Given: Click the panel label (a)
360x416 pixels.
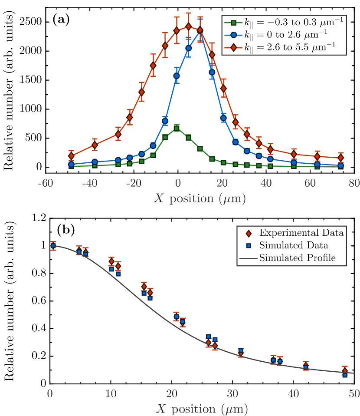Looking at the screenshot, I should [x=60, y=19].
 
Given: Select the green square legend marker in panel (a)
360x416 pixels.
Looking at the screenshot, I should [x=233, y=22].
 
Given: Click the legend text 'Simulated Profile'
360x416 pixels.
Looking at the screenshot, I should [x=297, y=258].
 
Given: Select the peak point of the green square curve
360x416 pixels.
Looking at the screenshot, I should [x=177, y=128].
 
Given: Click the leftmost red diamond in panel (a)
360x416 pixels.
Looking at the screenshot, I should [x=71, y=156].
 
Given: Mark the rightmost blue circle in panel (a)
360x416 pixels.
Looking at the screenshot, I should [x=340, y=165].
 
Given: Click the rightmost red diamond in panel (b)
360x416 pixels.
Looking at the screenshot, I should [x=345, y=370].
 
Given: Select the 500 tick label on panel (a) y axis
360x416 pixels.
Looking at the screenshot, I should [x=35, y=138].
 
